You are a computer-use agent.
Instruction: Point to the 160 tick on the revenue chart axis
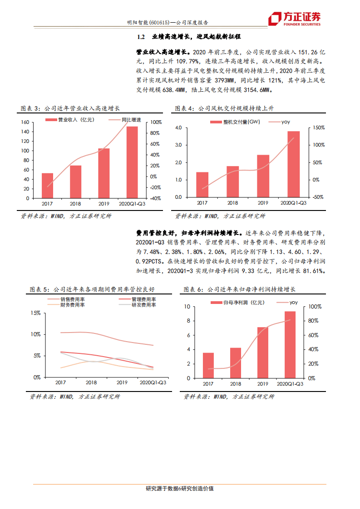(25, 122)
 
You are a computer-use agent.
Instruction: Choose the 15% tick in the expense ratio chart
(36, 313)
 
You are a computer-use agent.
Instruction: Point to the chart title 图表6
(193, 289)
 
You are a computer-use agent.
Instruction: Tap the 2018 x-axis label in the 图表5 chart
(91, 382)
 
